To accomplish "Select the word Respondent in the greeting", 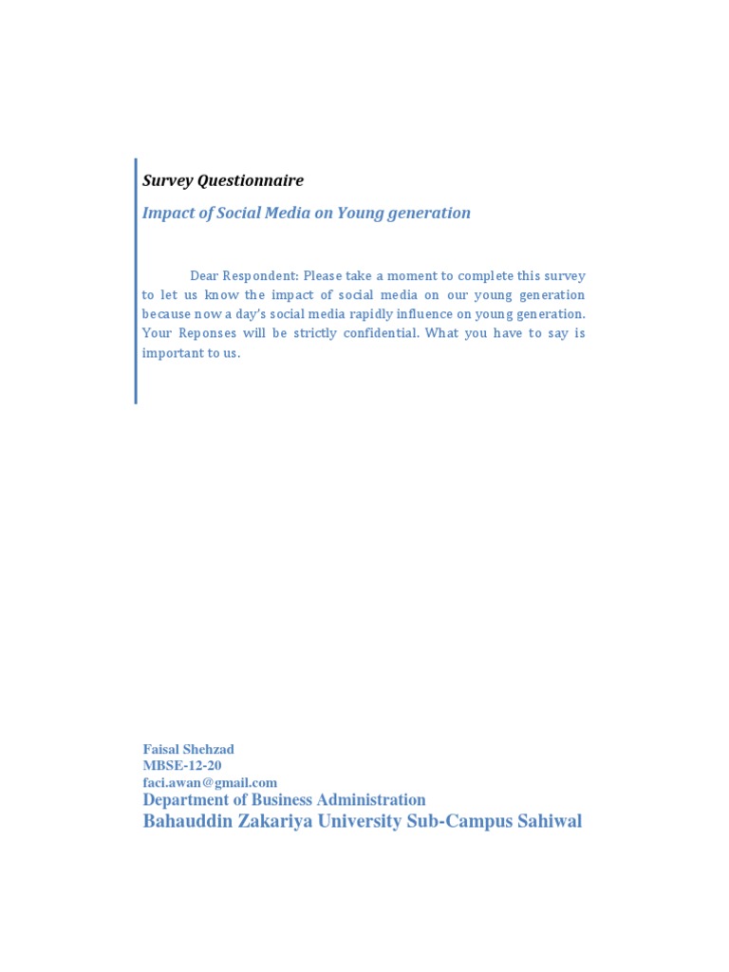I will coord(260,276).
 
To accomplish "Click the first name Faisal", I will coord(162,750).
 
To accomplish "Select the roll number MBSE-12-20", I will coord(182,766).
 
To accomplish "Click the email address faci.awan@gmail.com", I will coord(210,782).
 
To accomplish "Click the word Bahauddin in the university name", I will coord(184,821).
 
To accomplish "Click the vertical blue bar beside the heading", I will coord(136,281).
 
